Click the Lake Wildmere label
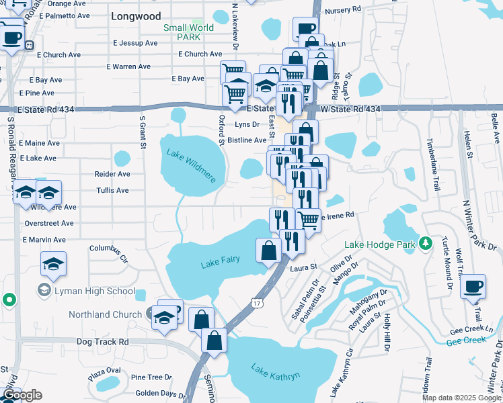[190, 166]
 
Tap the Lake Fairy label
[220, 263]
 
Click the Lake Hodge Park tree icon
[425, 243]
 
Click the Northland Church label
[105, 314]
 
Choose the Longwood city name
[136, 15]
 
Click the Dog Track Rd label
[102, 341]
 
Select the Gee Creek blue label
[465, 341]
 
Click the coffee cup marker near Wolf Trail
[473, 285]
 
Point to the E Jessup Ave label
[135, 43]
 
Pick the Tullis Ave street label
[112, 191]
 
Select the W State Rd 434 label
[350, 109]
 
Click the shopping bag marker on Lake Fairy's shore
[268, 251]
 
